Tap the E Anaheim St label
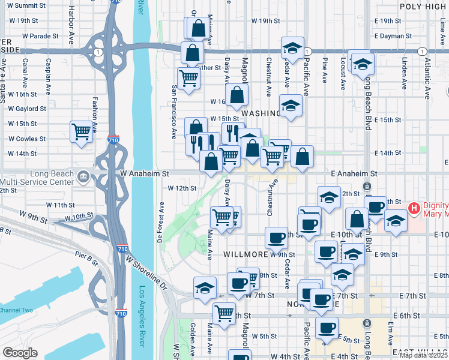coord(354,173)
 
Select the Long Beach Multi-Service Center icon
coord(83,177)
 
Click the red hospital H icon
coord(413,209)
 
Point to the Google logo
coord(20,352)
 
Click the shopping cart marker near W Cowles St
coord(81,131)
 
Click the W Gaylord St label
coord(27,109)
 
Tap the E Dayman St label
coord(394,36)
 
